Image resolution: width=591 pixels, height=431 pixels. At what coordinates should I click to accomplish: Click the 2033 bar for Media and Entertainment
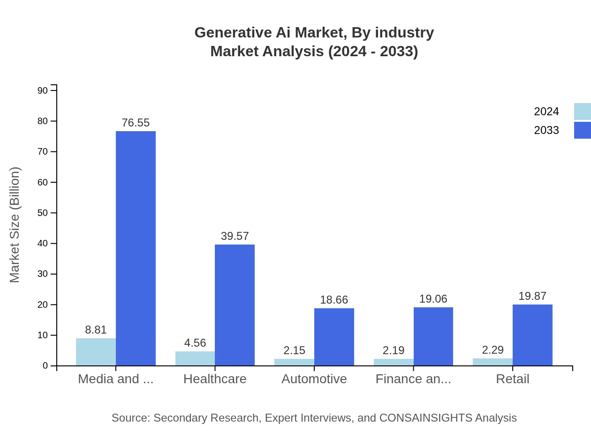pos(136,248)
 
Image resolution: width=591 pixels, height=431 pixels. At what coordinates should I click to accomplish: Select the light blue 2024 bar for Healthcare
pos(195,358)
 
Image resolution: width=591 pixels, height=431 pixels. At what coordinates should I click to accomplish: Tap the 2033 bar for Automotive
pos(334,337)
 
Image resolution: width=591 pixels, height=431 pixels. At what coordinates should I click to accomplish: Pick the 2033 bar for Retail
pos(532,335)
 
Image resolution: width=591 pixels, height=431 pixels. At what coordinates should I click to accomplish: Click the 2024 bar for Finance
pos(394,362)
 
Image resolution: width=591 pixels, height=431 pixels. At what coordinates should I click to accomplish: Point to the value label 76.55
pos(136,123)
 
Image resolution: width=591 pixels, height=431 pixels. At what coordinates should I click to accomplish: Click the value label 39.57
pos(235,236)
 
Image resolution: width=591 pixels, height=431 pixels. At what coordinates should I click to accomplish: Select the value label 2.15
pos(294,350)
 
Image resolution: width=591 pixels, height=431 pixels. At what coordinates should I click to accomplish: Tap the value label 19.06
pos(433,299)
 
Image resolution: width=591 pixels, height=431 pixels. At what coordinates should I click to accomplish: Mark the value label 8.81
pos(96,330)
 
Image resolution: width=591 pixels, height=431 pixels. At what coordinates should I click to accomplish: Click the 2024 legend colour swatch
pos(582,111)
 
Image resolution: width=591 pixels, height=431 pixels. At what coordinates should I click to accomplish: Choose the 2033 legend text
pos(546,130)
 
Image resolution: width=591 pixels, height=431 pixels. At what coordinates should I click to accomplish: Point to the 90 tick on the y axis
pos(43,90)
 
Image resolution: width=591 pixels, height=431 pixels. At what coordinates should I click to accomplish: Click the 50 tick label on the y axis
pos(43,213)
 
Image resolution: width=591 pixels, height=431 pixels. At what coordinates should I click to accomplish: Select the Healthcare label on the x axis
pos(215,379)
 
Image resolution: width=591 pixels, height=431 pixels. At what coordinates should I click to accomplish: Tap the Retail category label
pos(512,379)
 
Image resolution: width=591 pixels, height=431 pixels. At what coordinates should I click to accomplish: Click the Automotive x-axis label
pos(314,379)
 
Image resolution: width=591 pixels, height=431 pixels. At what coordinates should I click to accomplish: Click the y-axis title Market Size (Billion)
pos(15,225)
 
